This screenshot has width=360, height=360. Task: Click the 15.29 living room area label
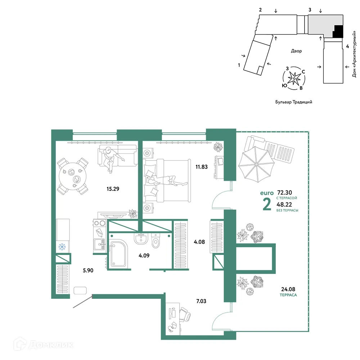[x=113, y=189]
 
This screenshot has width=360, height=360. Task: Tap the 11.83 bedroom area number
[x=202, y=167]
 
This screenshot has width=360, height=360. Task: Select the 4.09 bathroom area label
[x=144, y=256]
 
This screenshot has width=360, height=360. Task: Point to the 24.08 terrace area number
[x=288, y=289]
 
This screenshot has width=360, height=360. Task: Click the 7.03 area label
[x=201, y=301]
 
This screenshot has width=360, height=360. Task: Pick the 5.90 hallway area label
[x=88, y=270]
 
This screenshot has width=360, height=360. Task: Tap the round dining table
[x=73, y=176]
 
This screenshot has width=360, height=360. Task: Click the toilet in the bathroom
[x=156, y=240]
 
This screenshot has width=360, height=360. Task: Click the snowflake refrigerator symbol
[x=62, y=247]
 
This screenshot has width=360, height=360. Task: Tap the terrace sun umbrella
[x=256, y=164]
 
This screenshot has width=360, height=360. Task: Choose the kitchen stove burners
[x=100, y=223]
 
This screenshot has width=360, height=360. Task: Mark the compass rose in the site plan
[x=294, y=78]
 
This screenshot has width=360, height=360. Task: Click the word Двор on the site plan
[x=296, y=51]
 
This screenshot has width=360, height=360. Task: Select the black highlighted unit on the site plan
[x=338, y=32]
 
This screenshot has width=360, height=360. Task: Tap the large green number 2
[x=267, y=204]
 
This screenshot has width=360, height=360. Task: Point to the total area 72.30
[x=284, y=192]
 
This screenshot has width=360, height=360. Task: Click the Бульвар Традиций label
[x=294, y=102]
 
